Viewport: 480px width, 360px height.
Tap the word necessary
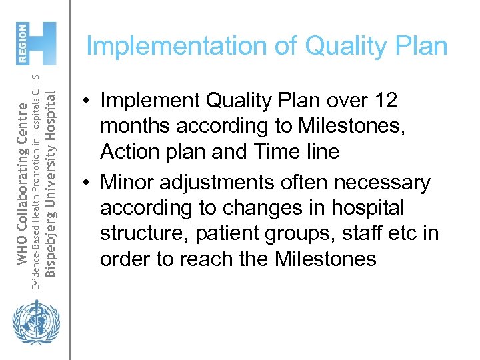[x=392, y=182]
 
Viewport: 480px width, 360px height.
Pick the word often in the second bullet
[x=321, y=182]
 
